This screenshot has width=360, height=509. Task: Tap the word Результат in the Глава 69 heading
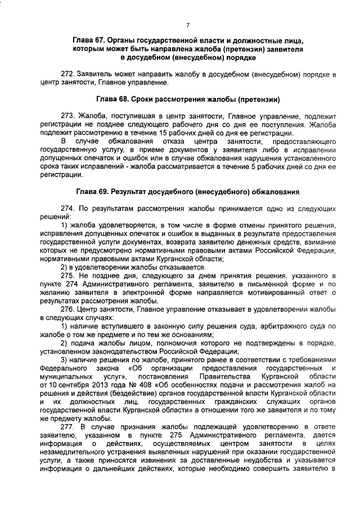[134, 192]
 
